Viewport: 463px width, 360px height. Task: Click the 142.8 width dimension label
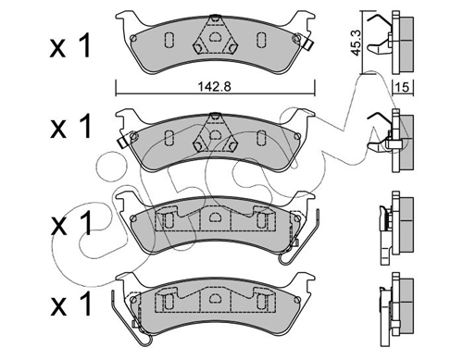[214, 87]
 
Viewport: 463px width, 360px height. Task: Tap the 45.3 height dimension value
[356, 43]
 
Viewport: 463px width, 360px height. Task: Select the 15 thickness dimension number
[402, 88]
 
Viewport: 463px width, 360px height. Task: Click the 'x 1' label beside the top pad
[70, 46]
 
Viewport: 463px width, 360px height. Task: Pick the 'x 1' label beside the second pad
[70, 126]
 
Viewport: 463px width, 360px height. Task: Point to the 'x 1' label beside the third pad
[70, 223]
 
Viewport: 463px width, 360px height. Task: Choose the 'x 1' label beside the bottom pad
[70, 304]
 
